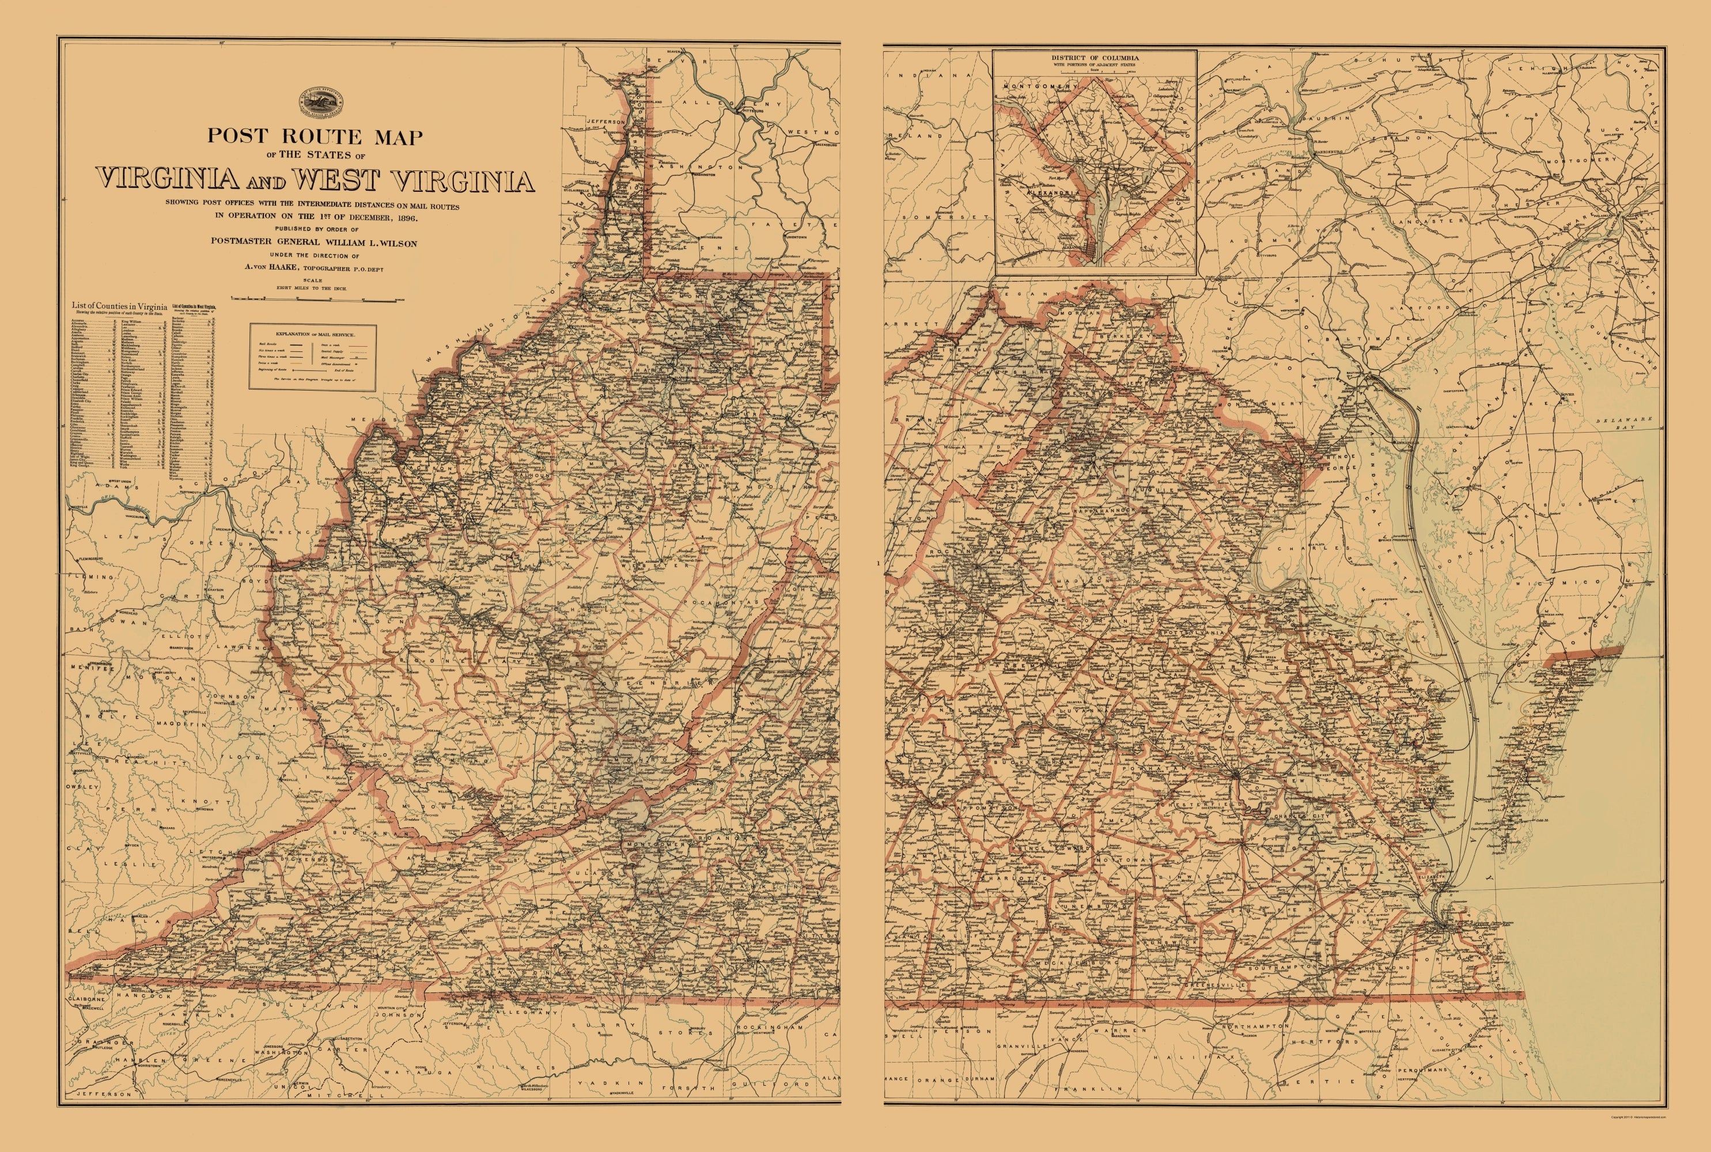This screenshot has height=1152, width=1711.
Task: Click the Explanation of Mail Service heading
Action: tap(312, 334)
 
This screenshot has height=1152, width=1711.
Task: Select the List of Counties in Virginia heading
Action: tap(118, 305)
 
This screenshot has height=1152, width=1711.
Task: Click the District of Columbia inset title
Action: tap(1095, 57)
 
